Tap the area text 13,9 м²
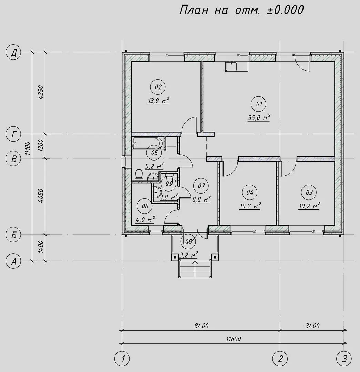pyautogui.click(x=158, y=101)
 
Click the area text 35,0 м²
pyautogui.click(x=259, y=117)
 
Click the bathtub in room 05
pyautogui.click(x=147, y=144)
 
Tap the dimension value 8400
pyautogui.click(x=201, y=326)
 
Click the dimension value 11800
pyautogui.click(x=234, y=339)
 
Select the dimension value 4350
pyautogui.click(x=40, y=92)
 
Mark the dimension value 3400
pyautogui.click(x=312, y=326)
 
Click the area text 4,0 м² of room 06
pyautogui.click(x=145, y=219)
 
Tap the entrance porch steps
pyautogui.click(x=195, y=269)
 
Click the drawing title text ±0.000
pyautogui.click(x=285, y=10)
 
